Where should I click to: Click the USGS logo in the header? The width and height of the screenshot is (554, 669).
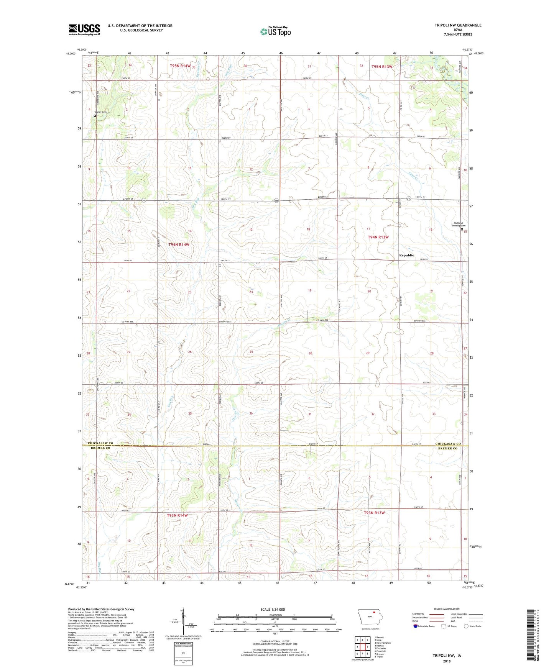coord(84,30)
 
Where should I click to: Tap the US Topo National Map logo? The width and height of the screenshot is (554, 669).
coord(275,31)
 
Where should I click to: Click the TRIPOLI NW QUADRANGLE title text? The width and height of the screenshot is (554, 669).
coord(458,25)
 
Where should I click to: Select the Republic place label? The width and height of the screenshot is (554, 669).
coord(406,255)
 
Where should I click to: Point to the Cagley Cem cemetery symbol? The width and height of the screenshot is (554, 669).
coord(95,115)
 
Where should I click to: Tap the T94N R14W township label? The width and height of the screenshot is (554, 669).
coord(179,244)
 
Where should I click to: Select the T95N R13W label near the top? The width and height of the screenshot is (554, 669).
coord(382,67)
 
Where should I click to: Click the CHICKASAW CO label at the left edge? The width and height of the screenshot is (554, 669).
coord(100,443)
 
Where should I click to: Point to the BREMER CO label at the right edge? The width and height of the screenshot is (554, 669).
coord(448,448)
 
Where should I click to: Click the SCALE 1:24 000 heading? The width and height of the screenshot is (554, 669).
coord(273,609)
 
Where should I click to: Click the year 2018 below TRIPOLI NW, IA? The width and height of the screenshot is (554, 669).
coord(447,661)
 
